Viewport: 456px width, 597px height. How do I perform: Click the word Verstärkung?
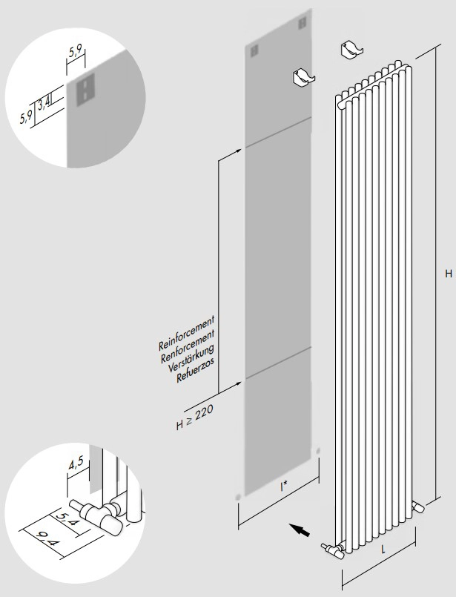pyautogui.click(x=191, y=358)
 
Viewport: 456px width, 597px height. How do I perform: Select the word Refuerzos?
pyautogui.click(x=195, y=370)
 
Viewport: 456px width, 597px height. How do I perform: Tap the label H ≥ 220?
pyautogui.click(x=194, y=418)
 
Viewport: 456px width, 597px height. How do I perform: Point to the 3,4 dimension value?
pyautogui.click(x=44, y=103)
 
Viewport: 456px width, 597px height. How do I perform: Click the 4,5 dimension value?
pyautogui.click(x=76, y=465)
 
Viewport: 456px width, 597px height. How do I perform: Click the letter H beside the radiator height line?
pyautogui.click(x=449, y=274)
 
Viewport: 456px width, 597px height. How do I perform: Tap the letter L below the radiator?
pyautogui.click(x=383, y=550)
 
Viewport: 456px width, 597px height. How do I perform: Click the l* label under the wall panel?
pyautogui.click(x=283, y=486)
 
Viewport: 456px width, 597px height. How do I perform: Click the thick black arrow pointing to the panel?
pyautogui.click(x=299, y=530)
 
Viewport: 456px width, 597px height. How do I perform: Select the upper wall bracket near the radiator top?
pyautogui.click(x=351, y=50)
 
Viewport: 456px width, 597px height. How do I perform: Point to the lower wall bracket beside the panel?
pyautogui.click(x=303, y=77)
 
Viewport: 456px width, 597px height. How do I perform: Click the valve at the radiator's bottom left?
pyautogui.click(x=332, y=550)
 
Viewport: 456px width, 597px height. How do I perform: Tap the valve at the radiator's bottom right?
pyautogui.click(x=418, y=506)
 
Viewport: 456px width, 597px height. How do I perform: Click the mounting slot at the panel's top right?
pyautogui.click(x=303, y=23)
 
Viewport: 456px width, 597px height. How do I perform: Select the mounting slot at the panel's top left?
pyautogui.click(x=254, y=51)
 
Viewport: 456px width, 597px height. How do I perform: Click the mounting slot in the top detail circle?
pyautogui.click(x=86, y=90)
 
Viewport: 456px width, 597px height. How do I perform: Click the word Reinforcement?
pyautogui.click(x=187, y=333)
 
